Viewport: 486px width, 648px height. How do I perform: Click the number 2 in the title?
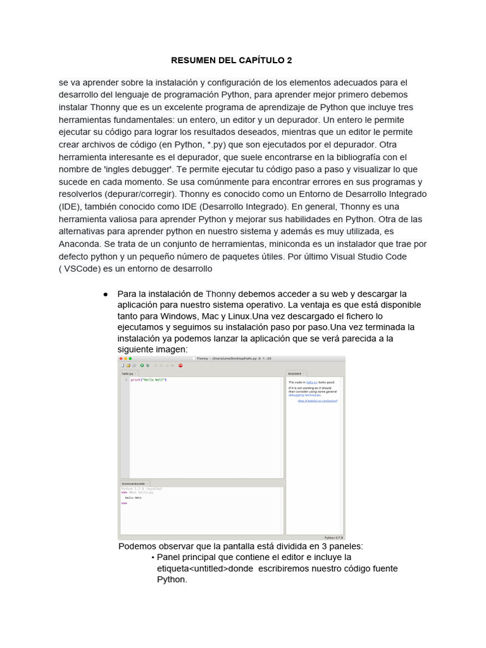289,61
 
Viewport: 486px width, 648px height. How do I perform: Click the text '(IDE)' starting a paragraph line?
70,206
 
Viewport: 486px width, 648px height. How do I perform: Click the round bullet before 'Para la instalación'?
105,294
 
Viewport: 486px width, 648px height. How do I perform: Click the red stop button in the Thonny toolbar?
180,365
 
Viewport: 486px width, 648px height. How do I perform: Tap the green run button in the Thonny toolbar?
142,365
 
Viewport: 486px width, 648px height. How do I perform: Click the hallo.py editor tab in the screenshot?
129,373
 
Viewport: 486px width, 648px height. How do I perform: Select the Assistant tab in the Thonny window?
295,373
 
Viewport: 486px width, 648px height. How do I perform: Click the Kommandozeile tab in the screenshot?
134,483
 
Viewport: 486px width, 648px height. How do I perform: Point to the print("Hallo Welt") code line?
148,380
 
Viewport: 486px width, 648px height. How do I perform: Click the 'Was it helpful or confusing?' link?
318,401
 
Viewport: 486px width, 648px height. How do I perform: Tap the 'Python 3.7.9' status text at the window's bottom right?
333,537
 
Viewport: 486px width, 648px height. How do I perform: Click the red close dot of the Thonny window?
121,359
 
